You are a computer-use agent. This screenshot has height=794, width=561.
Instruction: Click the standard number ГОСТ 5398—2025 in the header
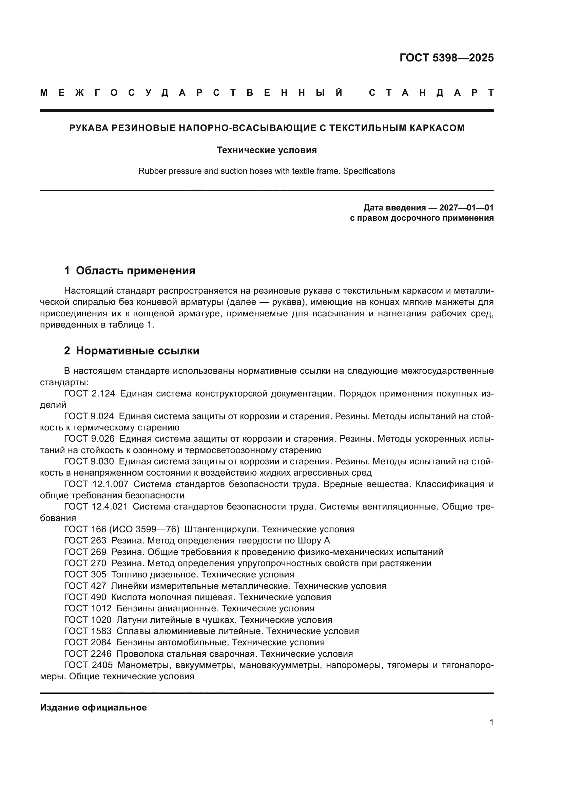pos(446,58)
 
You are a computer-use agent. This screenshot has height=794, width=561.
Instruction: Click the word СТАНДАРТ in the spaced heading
pos(431,93)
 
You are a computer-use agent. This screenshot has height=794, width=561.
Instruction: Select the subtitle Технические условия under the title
pos(267,150)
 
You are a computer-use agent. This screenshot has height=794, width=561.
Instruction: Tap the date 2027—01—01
pos(466,208)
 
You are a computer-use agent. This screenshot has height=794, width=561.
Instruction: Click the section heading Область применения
pos(135,271)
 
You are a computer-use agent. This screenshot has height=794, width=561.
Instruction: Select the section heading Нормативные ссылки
pos(137,351)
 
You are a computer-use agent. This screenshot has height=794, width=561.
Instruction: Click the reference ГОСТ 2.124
pos(90,393)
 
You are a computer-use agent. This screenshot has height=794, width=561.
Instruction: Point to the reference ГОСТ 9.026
pos(89,439)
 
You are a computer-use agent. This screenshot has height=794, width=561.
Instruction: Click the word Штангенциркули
pos(222,530)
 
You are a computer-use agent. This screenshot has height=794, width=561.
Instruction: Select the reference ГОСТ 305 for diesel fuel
pos(85,574)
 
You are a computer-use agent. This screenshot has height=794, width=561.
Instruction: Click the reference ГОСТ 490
pos(85,597)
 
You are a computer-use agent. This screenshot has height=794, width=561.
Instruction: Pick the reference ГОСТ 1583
pos(88,631)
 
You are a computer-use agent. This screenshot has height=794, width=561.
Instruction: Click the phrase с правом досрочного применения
pos(422,218)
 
